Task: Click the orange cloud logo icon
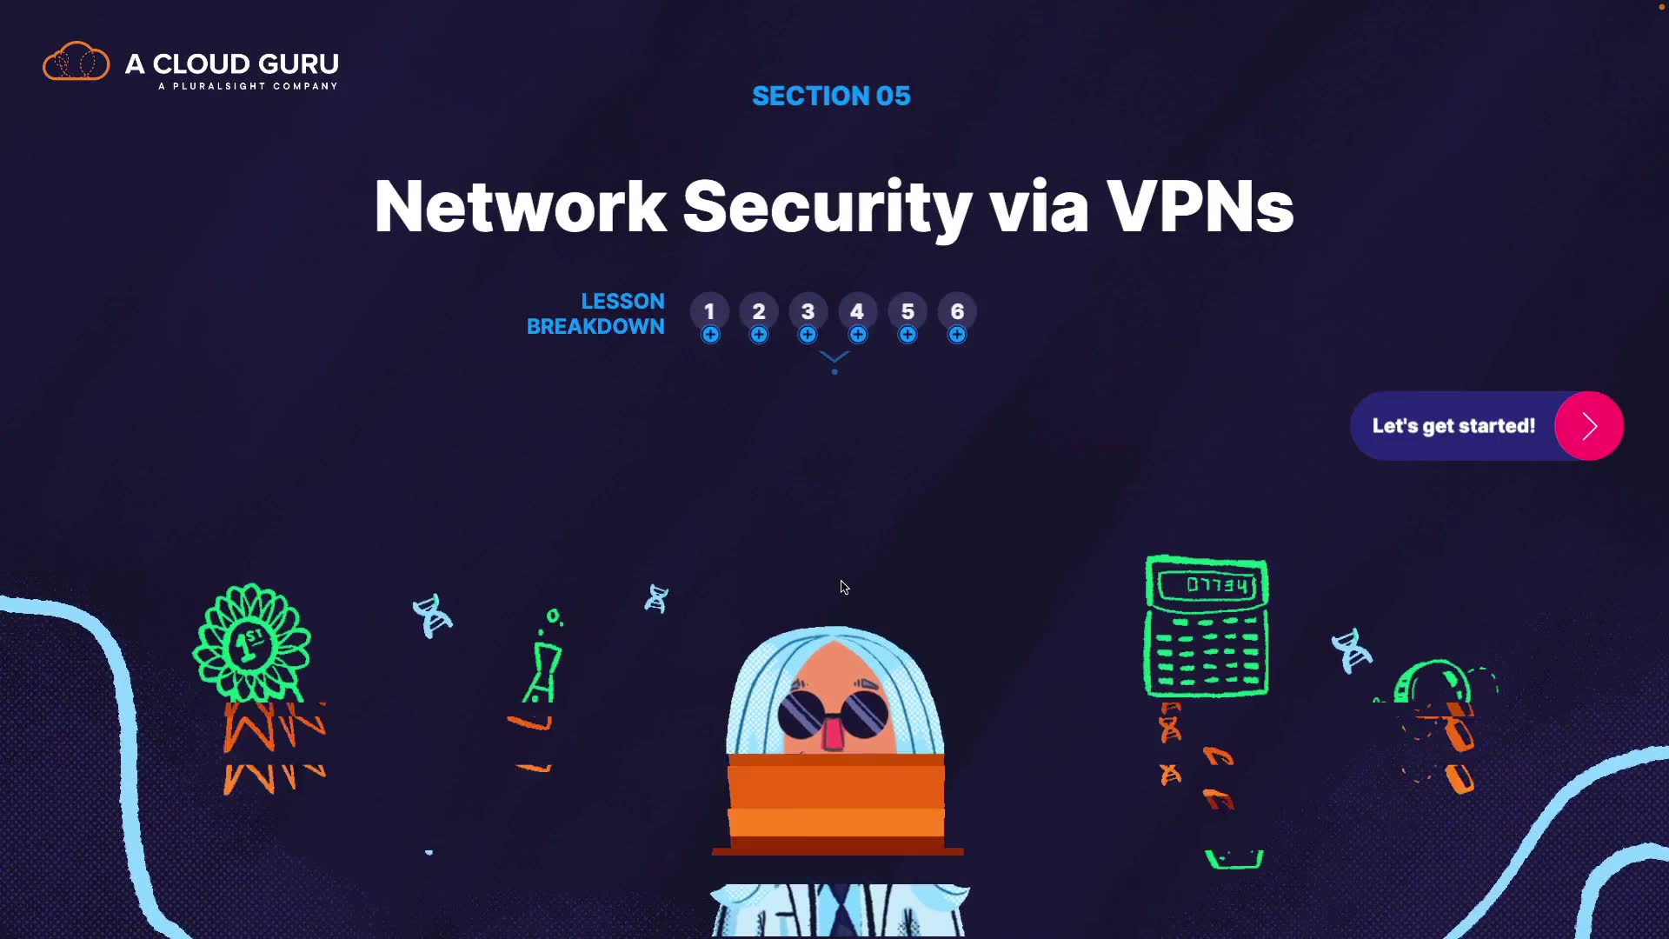76,62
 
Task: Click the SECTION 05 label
831,96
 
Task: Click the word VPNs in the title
1200,207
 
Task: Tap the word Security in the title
827,207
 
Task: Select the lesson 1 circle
709,311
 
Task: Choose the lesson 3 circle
808,311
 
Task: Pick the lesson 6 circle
957,311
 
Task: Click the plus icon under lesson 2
759,335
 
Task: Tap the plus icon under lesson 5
908,335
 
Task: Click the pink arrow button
1589,426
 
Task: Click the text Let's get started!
1453,426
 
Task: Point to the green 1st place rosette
251,644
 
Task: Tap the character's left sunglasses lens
801,714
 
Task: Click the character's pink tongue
833,734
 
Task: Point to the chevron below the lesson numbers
834,357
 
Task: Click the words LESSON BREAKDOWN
596,314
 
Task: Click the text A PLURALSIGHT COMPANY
248,86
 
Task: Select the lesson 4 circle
857,311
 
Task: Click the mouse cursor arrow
844,588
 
